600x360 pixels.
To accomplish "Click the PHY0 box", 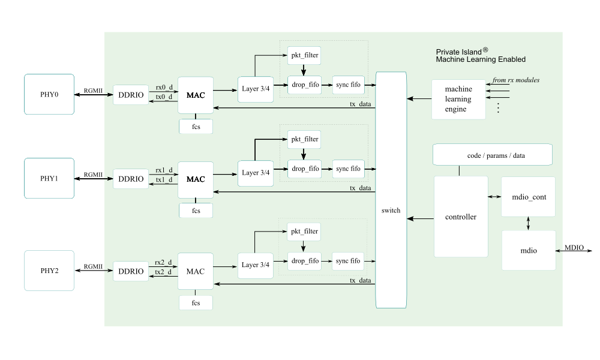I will tap(49, 94).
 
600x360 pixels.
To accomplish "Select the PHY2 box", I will tap(49, 271).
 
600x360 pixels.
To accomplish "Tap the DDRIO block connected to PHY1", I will tap(131, 179).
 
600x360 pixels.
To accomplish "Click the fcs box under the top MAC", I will tap(196, 127).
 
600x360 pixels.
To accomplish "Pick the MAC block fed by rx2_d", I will tap(196, 271).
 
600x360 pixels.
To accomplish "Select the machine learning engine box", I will tap(458, 99).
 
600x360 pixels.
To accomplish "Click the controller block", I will tap(461, 217).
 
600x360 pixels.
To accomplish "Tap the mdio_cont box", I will tap(528, 197).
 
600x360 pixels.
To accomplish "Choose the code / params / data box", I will tap(492, 155).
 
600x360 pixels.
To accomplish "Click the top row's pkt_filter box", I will tap(304, 56).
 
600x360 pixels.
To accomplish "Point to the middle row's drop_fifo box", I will tap(304, 169).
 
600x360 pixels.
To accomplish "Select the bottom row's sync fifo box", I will tap(348, 261).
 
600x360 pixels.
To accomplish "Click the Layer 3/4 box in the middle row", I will tap(256, 173).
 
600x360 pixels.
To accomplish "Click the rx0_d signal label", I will tap(164, 87).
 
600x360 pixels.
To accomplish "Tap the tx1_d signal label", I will tap(164, 180).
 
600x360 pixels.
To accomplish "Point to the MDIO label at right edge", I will tap(574, 248).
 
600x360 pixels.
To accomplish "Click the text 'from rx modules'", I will tap(515, 80).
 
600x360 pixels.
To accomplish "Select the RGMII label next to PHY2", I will tap(93, 266).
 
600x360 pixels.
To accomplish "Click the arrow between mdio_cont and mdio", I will tap(528, 223).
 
